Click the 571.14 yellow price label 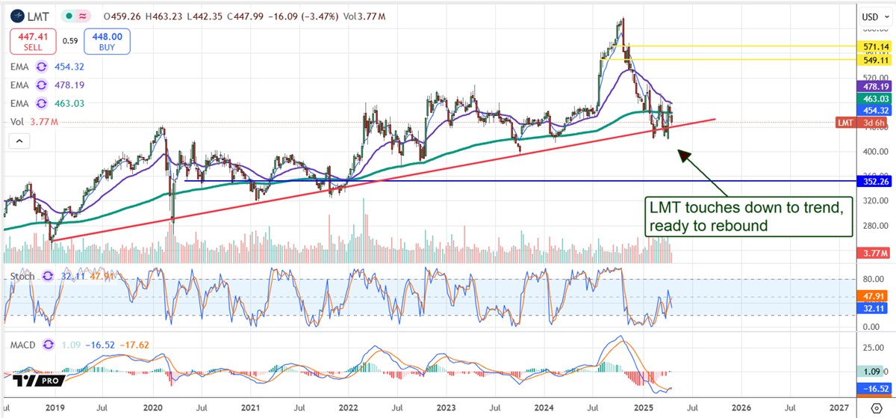pos(875,46)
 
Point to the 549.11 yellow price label pos(875,59)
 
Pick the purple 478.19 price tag pos(875,87)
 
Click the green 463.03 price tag pos(875,99)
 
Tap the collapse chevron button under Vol pos(19,141)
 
